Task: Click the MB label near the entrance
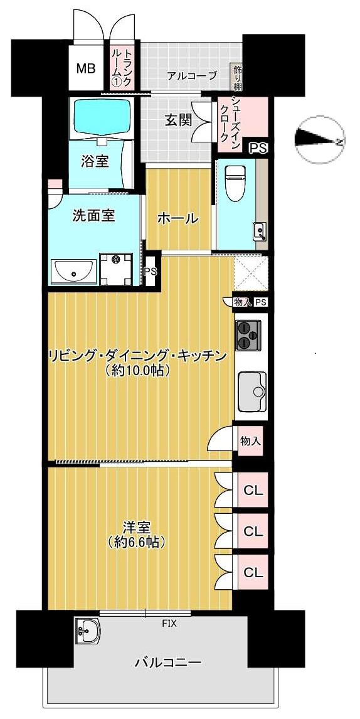86,68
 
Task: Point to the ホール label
177,218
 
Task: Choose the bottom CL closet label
253,572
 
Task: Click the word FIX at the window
169,624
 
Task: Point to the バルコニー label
167,663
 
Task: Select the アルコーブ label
192,77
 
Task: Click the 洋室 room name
135,527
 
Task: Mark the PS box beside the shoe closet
258,148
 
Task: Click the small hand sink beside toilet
259,232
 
